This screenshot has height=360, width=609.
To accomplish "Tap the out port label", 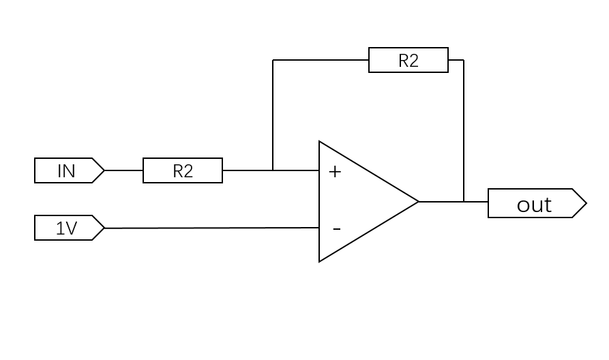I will click(535, 204).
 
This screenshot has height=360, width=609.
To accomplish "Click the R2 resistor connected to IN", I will click(183, 170).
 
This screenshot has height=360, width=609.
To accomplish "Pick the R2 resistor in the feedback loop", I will click(409, 60).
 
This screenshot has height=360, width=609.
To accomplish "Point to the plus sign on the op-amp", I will click(335, 172).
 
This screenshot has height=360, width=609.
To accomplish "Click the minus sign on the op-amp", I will click(336, 229).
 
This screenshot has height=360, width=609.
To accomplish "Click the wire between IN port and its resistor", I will click(124, 170).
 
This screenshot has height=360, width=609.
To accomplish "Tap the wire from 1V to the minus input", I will click(211, 228).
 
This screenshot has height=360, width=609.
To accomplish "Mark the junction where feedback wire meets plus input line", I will click(273, 170).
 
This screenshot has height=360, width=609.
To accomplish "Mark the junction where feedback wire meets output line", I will click(464, 202).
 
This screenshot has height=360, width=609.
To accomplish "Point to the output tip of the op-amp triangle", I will click(418, 202).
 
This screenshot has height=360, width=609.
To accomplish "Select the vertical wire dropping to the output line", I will click(464, 130).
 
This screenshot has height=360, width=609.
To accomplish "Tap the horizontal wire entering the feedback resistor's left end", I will click(321, 60).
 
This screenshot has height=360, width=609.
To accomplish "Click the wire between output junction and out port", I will click(476, 202).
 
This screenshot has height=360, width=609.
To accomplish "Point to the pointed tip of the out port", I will click(586, 203).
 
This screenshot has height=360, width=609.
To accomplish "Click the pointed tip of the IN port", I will click(104, 170).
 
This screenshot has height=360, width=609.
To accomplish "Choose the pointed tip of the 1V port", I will click(104, 228).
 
